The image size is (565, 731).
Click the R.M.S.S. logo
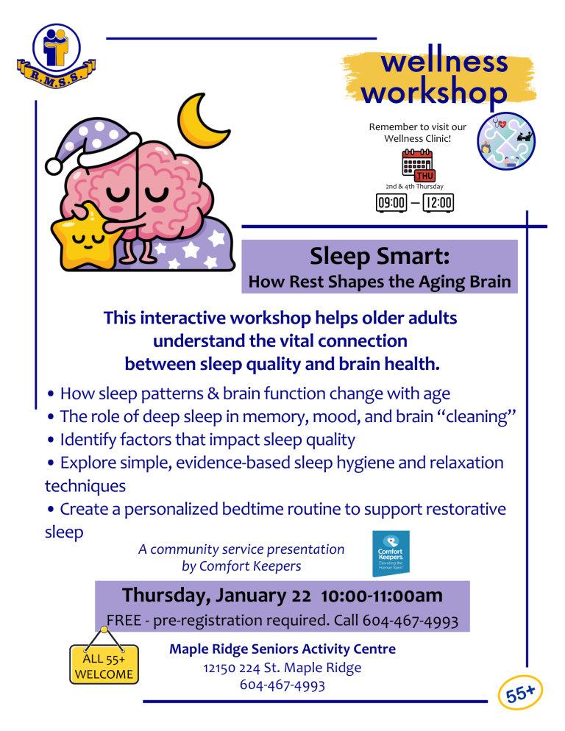pyautogui.click(x=57, y=56)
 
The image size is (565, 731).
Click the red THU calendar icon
pyautogui.click(x=418, y=165)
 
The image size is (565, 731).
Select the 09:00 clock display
pyautogui.click(x=391, y=203)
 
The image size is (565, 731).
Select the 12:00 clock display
pyautogui.click(x=438, y=203)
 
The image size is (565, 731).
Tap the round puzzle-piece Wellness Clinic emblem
pyautogui.click(x=506, y=140)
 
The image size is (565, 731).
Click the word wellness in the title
pyautogui.click(x=444, y=61)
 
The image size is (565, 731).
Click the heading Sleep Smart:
pyautogui.click(x=380, y=256)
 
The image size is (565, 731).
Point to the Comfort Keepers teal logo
pyautogui.click(x=391, y=553)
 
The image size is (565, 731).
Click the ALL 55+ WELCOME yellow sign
pyautogui.click(x=104, y=664)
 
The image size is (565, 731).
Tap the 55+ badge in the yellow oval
pyautogui.click(x=520, y=692)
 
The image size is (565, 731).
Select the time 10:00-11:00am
pyautogui.click(x=382, y=596)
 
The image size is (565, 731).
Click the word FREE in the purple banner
pyautogui.click(x=124, y=621)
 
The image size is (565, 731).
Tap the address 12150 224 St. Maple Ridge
pyautogui.click(x=282, y=668)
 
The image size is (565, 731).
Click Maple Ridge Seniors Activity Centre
pyautogui.click(x=282, y=649)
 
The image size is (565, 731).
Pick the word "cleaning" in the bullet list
pyautogui.click(x=477, y=416)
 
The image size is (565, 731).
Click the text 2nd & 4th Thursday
pyautogui.click(x=414, y=187)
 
